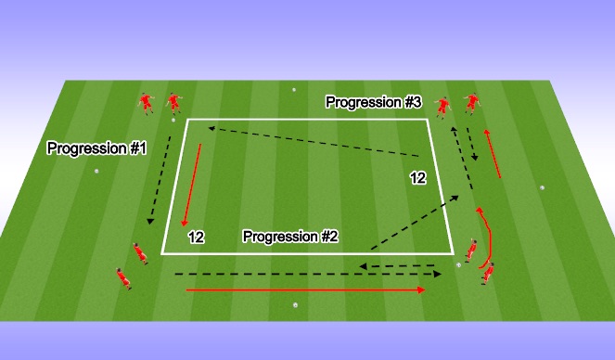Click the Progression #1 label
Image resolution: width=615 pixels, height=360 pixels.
[96, 148]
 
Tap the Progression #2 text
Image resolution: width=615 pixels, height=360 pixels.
[290, 237]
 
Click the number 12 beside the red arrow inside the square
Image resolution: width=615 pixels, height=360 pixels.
[196, 238]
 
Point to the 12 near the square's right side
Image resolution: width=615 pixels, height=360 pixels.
[418, 177]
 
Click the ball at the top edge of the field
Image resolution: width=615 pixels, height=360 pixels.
[294, 90]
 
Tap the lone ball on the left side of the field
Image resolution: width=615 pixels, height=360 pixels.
[96, 171]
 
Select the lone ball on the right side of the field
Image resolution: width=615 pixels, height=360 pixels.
[543, 187]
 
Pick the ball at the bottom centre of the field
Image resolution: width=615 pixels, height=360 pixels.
[295, 304]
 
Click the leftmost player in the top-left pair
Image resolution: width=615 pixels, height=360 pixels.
[145, 103]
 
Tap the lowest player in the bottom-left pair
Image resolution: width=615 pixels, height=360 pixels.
[121, 276]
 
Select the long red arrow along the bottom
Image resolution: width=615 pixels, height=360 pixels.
[306, 290]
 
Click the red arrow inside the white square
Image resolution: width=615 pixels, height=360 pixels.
[192, 185]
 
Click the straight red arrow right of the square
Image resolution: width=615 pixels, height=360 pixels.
[492, 152]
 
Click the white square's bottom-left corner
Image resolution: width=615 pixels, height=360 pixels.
[163, 252]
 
